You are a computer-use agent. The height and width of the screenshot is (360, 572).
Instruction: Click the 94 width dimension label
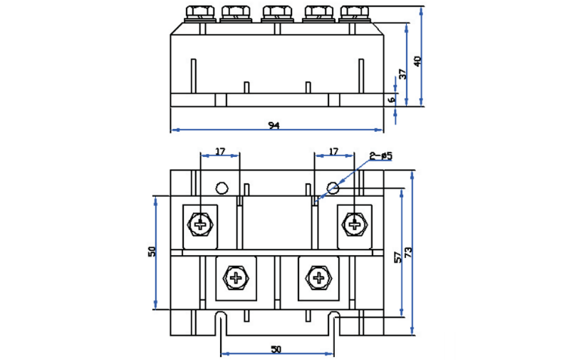[274, 125]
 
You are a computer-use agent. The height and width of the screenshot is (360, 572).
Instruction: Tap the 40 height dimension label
[417, 61]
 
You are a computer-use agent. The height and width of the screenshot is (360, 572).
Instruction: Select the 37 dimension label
[402, 73]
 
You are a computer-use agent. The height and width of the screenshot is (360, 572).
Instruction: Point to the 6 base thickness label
[392, 100]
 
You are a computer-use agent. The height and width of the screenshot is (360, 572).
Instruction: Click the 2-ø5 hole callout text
[381, 156]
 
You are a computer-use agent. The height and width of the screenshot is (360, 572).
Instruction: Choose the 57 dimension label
[398, 257]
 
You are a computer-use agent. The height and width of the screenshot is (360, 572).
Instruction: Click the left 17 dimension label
[220, 151]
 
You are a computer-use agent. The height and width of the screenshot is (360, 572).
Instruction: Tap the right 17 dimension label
[333, 151]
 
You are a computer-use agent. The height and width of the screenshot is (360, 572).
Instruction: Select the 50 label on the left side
[152, 252]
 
